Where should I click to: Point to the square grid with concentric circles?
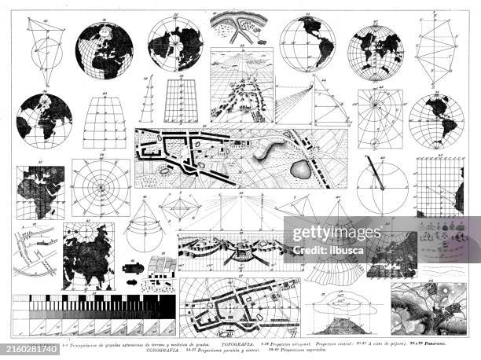click(x=101, y=188)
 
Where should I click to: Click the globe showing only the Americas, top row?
click(x=307, y=44)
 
